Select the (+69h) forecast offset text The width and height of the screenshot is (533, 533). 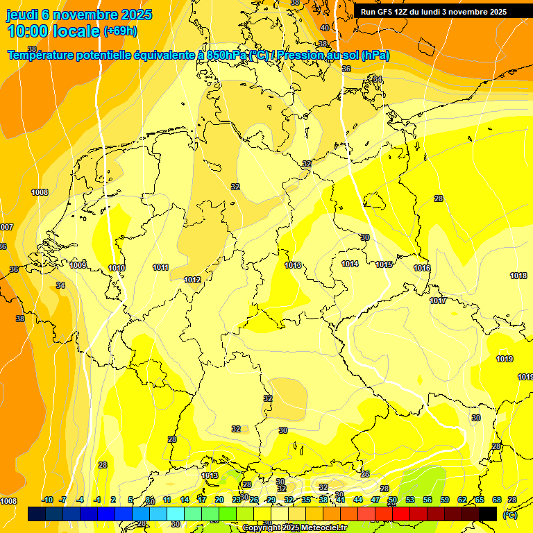click(120, 31)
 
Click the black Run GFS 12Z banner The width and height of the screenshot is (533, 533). click(434, 11)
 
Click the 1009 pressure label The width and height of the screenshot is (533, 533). click(78, 265)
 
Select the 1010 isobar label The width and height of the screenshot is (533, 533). click(117, 268)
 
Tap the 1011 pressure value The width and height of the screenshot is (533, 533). click(161, 267)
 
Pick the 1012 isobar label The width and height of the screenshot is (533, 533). click(192, 280)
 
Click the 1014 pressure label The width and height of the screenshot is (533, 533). click(350, 264)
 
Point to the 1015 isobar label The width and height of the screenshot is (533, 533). click(384, 264)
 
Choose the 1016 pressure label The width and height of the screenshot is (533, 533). click(422, 268)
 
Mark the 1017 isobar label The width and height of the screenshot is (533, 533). click(438, 301)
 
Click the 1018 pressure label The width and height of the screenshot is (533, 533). click(518, 276)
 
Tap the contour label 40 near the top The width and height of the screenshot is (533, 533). click(325, 28)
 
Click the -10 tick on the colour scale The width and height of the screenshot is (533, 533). click(47, 500)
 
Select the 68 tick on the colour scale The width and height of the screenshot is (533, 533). click(496, 500)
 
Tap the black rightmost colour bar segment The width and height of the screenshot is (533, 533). click(488, 514)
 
